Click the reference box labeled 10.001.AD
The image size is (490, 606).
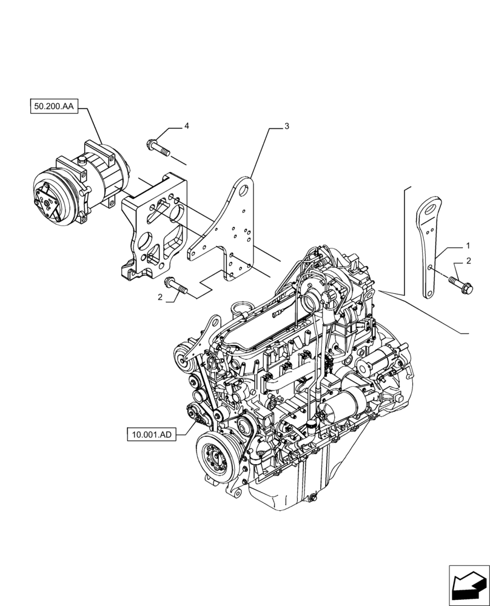click(x=151, y=434)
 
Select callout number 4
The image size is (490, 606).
click(x=187, y=125)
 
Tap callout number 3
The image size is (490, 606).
click(x=287, y=126)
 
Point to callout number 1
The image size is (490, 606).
click(x=468, y=247)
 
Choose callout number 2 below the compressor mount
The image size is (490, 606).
click(x=159, y=297)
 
